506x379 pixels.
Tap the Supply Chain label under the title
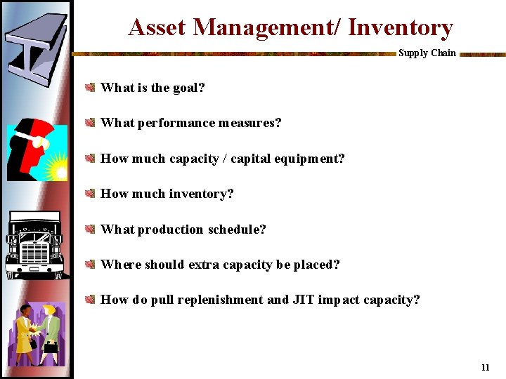(x=427, y=53)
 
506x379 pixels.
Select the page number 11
(x=485, y=368)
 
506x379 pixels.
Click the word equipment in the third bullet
(x=308, y=159)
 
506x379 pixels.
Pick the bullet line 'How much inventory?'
(x=167, y=194)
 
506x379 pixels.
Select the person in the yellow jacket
(x=25, y=330)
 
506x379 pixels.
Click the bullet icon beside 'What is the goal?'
(x=90, y=88)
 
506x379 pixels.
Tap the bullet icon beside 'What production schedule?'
(x=90, y=230)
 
